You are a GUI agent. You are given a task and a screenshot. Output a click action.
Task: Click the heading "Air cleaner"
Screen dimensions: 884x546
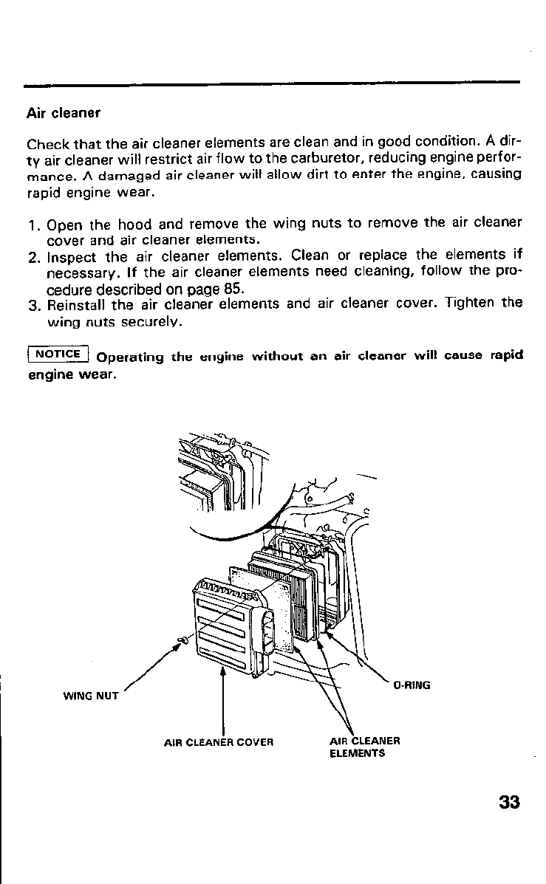pos(63,114)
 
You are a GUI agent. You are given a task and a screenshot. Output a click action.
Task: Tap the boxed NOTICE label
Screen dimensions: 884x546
pos(57,353)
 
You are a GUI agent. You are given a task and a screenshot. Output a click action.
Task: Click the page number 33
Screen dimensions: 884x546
pos(509,803)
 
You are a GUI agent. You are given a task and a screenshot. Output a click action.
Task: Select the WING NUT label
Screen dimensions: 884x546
pos(91,695)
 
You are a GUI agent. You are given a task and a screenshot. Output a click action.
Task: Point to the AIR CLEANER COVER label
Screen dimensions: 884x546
pos(219,741)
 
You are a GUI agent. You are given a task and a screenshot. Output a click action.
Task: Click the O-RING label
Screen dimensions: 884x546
pos(412,685)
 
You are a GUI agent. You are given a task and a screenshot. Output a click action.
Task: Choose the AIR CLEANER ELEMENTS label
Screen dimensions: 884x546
pos(364,747)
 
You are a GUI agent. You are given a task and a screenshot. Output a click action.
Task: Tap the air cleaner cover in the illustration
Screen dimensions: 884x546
pos(222,620)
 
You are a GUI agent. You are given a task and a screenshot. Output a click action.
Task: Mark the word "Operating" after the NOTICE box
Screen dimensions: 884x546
pos(130,357)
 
